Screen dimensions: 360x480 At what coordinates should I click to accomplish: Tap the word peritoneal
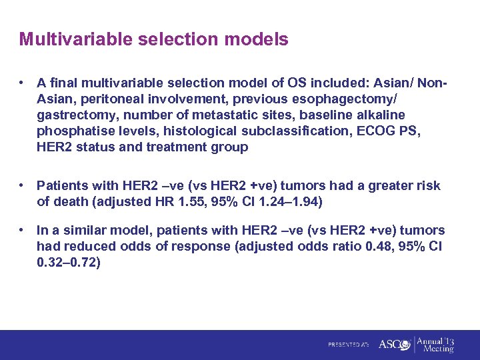click(98, 99)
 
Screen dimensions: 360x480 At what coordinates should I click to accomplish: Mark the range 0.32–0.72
click(69, 263)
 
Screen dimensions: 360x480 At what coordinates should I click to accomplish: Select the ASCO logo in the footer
click(393, 345)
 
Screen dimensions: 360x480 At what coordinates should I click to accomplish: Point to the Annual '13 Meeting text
click(437, 345)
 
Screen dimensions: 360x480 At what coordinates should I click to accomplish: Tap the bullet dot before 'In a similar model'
click(23, 231)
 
